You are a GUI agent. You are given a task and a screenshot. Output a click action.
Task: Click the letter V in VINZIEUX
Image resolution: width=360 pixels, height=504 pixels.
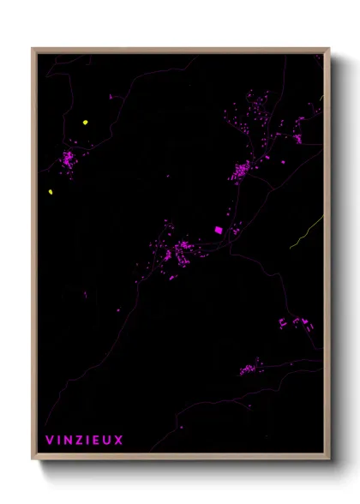pyautogui.click(x=49, y=441)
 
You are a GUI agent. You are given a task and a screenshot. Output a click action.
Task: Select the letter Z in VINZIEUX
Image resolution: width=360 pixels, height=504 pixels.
pyautogui.click(x=80, y=441)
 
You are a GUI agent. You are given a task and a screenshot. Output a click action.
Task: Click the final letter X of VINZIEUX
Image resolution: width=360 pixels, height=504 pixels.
pyautogui.click(x=120, y=441)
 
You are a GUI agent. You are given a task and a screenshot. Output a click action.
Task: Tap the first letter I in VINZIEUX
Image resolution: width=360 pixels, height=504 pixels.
pyautogui.click(x=58, y=441)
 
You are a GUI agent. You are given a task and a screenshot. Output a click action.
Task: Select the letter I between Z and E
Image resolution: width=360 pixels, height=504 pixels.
pyautogui.click(x=88, y=441)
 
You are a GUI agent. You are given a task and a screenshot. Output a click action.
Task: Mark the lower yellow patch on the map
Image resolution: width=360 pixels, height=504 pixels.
pyautogui.click(x=51, y=191)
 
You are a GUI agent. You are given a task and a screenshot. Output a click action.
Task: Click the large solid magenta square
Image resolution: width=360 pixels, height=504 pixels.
pyautogui.click(x=218, y=230)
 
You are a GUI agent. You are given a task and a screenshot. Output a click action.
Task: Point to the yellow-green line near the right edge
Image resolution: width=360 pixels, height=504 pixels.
pyautogui.click(x=306, y=232)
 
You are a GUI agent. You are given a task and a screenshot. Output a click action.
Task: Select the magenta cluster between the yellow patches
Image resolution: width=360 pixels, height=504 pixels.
pyautogui.click(x=68, y=159)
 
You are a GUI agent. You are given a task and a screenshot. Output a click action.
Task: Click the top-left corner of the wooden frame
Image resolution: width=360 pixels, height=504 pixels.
pyautogui.click(x=33, y=49)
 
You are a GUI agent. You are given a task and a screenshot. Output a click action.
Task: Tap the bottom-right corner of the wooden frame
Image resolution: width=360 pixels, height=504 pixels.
pyautogui.click(x=329, y=459)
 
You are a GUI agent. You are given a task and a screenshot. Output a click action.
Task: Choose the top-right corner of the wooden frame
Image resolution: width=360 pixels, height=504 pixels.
pyautogui.click(x=329, y=49)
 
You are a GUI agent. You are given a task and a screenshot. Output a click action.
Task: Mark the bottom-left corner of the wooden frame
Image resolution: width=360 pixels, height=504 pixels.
pyautogui.click(x=33, y=459)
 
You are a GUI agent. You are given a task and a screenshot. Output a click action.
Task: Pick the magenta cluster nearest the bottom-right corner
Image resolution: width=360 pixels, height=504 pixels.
pyautogui.click(x=251, y=369)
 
